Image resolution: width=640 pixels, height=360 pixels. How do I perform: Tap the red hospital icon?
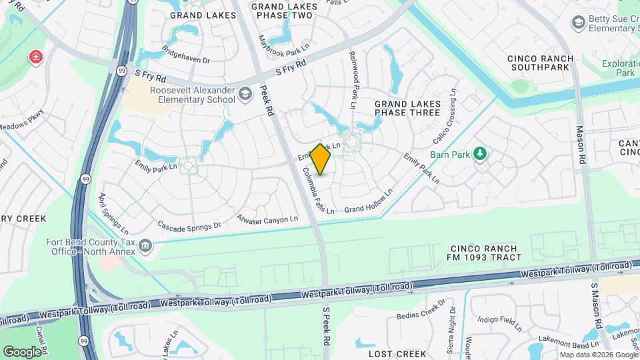click(35, 59)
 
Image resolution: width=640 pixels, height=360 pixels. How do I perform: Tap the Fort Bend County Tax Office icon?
click(144, 247)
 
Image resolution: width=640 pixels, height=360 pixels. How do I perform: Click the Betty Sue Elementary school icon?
click(578, 23)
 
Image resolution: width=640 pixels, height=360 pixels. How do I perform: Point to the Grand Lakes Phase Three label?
click(407, 108)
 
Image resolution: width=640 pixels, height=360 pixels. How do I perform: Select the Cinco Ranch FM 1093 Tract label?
click(483, 253)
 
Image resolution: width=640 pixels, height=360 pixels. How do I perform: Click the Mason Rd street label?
click(580, 146)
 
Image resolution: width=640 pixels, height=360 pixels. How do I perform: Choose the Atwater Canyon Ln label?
click(267, 219)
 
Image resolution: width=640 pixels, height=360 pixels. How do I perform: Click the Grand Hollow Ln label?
click(369, 201)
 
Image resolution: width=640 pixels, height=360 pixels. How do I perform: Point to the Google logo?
click(21, 351)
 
